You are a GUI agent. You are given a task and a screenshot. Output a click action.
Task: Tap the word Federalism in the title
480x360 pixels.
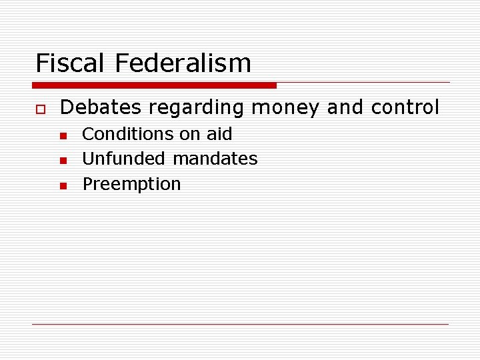(x=183, y=63)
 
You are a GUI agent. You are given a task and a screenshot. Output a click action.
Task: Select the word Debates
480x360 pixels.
(x=100, y=107)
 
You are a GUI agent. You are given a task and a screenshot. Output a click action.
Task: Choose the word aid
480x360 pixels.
(x=219, y=134)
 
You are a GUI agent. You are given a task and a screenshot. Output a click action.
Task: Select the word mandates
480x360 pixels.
(x=215, y=159)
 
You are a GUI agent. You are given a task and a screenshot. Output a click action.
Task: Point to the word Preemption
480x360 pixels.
(x=131, y=184)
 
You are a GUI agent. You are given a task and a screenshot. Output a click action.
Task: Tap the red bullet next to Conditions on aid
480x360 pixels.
(x=63, y=135)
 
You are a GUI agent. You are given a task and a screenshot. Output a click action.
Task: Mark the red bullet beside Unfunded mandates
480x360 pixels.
(x=63, y=161)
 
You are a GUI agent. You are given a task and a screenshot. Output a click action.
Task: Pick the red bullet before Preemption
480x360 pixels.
(x=63, y=186)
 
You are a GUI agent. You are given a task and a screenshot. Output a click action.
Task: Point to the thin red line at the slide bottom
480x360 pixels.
(x=240, y=324)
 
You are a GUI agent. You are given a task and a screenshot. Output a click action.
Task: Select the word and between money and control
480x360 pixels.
(x=345, y=107)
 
